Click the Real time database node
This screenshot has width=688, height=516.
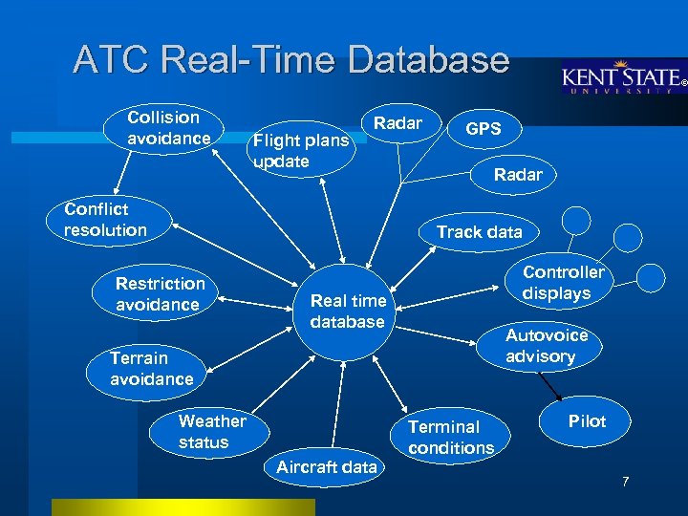(x=348, y=312)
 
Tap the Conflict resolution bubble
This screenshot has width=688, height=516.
(x=105, y=220)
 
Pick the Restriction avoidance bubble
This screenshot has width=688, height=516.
(x=160, y=294)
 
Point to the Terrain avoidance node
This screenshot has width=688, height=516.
(x=151, y=369)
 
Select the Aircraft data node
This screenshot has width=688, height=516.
(x=326, y=467)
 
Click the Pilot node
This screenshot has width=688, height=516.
(x=587, y=421)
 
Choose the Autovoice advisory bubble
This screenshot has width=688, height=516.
(x=540, y=346)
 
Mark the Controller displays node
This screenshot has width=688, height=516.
(x=563, y=283)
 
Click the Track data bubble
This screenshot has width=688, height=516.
(x=479, y=232)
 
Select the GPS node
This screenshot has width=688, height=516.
(x=483, y=129)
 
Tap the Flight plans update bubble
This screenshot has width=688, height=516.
(x=301, y=151)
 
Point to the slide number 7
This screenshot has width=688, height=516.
(x=625, y=481)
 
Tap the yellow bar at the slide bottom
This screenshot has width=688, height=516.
(x=183, y=506)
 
